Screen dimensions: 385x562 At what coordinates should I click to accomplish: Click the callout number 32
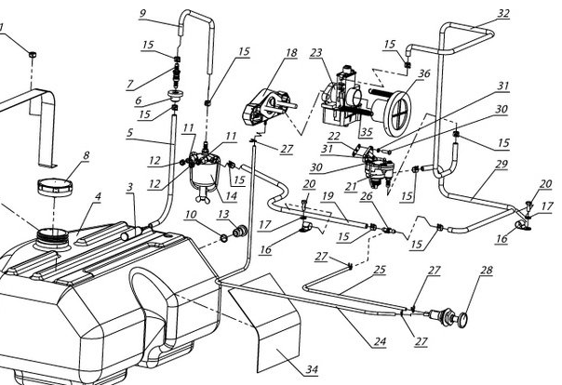504,13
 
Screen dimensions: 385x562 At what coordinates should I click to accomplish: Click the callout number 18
290,53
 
